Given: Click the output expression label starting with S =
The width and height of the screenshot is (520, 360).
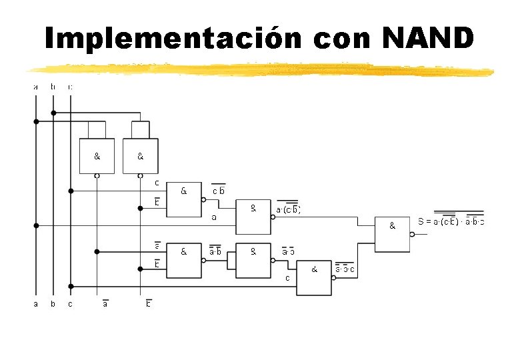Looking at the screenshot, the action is coord(451,221).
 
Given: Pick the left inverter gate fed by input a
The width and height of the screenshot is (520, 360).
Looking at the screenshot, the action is coord(97,156).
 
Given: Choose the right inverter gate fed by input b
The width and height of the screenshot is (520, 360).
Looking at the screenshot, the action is coord(141,156).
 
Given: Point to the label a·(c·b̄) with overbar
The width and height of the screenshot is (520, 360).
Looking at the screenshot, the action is coord(289,209).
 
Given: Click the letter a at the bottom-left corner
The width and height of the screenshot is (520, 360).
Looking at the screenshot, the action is coord(36,305).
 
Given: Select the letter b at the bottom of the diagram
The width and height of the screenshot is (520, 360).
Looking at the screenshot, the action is coord(53,305).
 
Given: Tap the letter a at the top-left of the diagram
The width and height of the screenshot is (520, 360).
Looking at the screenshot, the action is coord(36,87).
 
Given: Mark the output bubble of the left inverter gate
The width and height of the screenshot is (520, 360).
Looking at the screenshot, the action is coord(97,176).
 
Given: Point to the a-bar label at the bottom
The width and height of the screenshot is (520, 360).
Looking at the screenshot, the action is coord(105,305).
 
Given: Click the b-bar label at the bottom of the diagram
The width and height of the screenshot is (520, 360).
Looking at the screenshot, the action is coord(149,305).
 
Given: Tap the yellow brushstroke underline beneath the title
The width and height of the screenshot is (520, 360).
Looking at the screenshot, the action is coord(260,69).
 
